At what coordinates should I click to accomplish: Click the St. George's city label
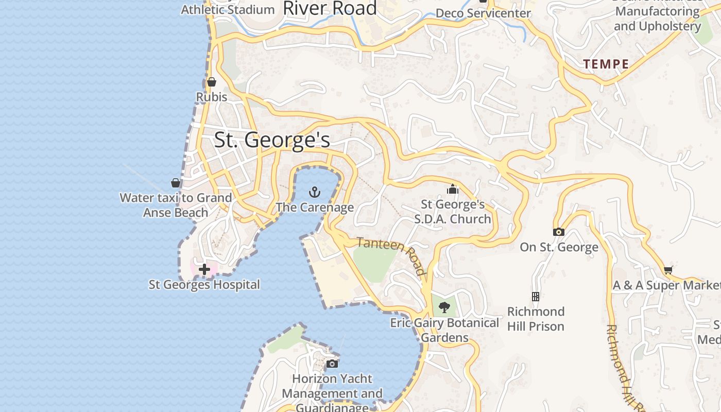[271, 140]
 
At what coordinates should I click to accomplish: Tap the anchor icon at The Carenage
[314, 193]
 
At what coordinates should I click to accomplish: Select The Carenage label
[314, 208]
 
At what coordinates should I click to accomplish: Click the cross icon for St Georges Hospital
[204, 269]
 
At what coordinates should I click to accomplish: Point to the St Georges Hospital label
[204, 284]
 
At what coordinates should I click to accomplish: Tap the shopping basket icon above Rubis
[212, 82]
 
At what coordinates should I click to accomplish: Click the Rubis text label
[212, 97]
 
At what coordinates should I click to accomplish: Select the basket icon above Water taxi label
[176, 183]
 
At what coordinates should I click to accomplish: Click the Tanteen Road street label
[391, 255]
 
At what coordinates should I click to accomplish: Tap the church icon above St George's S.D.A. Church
[453, 190]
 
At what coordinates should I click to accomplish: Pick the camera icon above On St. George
[559, 232]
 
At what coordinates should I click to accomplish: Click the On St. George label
[559, 247]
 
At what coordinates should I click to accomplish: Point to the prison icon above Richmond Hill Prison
[536, 297]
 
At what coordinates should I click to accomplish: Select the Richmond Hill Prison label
[536, 319]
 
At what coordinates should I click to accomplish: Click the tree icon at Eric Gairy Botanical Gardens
[444, 308]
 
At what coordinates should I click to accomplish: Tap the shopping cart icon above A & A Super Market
[668, 270]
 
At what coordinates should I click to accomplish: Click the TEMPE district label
[606, 64]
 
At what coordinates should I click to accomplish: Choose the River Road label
[330, 8]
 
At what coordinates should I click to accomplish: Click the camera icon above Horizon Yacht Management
[332, 364]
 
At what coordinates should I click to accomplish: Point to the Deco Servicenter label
[483, 13]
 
